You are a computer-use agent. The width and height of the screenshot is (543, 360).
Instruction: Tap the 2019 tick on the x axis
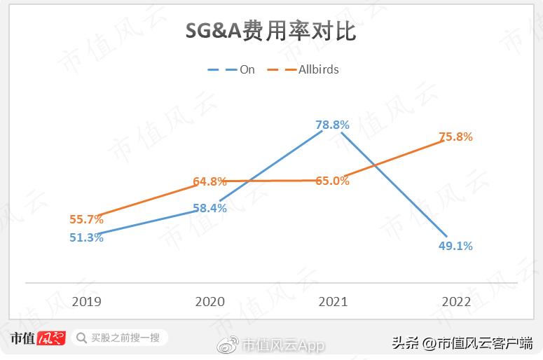point(86,302)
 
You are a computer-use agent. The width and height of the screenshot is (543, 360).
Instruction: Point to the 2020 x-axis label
point(209,302)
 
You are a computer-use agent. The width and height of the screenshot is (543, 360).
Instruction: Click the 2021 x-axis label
point(333,302)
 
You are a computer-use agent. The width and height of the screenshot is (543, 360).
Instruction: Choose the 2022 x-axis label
point(456,302)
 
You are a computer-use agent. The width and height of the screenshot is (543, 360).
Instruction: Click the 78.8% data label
point(332,125)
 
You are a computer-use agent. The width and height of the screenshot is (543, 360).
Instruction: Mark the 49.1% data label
point(455,246)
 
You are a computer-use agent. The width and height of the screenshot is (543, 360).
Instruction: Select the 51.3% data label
point(86,237)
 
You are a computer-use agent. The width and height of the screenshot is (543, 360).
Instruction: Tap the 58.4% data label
point(209,208)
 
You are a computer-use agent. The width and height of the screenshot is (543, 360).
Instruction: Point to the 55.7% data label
point(86,219)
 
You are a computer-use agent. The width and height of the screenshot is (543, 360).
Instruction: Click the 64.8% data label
point(209,181)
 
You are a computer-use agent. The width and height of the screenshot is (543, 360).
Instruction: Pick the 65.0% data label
point(332,181)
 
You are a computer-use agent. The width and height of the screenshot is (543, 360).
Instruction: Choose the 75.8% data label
point(455,137)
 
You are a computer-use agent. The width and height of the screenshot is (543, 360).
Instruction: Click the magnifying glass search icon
point(81,338)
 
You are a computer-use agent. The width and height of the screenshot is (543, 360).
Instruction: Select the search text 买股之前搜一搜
point(125,338)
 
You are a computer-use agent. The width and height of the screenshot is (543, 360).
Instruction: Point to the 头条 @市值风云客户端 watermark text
point(462,343)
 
